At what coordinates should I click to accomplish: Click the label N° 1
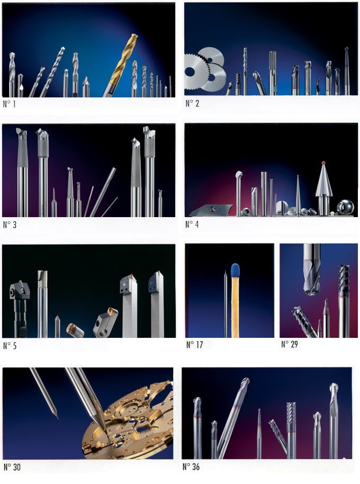[9, 104]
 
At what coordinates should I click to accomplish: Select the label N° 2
[192, 103]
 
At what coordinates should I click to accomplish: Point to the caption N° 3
[10, 225]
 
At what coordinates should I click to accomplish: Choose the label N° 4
[192, 225]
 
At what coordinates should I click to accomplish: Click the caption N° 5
[10, 346]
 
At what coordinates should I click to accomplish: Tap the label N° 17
[195, 345]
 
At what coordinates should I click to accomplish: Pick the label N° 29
[290, 344]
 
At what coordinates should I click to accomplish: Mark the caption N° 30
[12, 467]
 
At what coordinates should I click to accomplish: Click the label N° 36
[191, 467]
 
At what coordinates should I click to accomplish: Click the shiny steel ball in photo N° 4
[345, 207]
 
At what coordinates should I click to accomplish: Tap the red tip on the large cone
[323, 163]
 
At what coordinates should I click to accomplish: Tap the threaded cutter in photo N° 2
[273, 73]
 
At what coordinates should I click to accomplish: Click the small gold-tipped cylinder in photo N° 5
[75, 330]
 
